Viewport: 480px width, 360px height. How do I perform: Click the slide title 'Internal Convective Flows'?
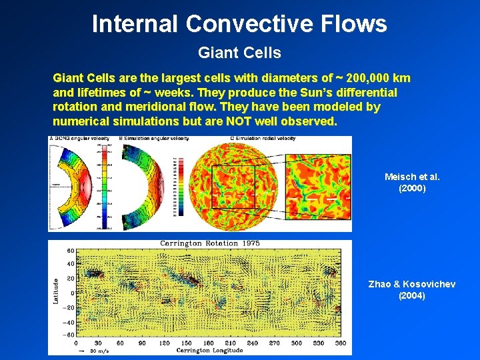coord(239,24)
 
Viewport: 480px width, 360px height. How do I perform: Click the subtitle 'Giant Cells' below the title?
coord(239,52)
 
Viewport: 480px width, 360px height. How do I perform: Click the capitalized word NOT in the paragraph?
coord(245,122)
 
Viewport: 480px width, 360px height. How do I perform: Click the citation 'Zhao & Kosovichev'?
coord(412,285)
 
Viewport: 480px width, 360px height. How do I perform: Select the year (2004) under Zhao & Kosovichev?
coord(411,296)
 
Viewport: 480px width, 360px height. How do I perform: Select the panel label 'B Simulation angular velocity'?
coord(154,139)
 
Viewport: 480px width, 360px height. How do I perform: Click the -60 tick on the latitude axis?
coord(68,335)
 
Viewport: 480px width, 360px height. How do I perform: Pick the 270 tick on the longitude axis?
coord(273,343)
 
